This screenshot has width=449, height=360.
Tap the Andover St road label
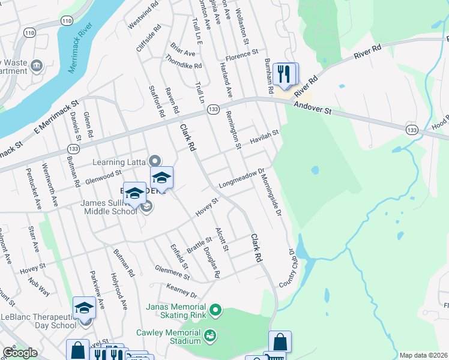pyautogui.click(x=312, y=107)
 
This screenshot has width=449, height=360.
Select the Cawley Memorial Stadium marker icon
pyautogui.click(x=210, y=334)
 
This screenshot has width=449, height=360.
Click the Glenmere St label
pyautogui.click(x=172, y=273)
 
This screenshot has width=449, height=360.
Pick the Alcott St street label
pyautogui.click(x=222, y=239)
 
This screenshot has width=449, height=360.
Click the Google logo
pyautogui.click(x=20, y=353)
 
